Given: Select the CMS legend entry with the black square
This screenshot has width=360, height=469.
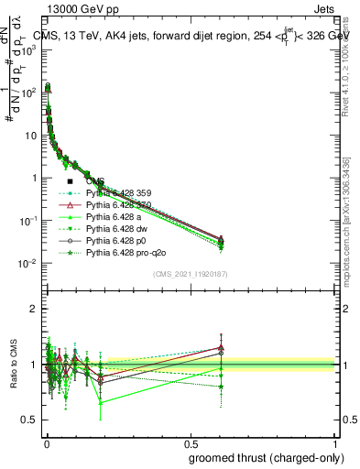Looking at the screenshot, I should (95, 181).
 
